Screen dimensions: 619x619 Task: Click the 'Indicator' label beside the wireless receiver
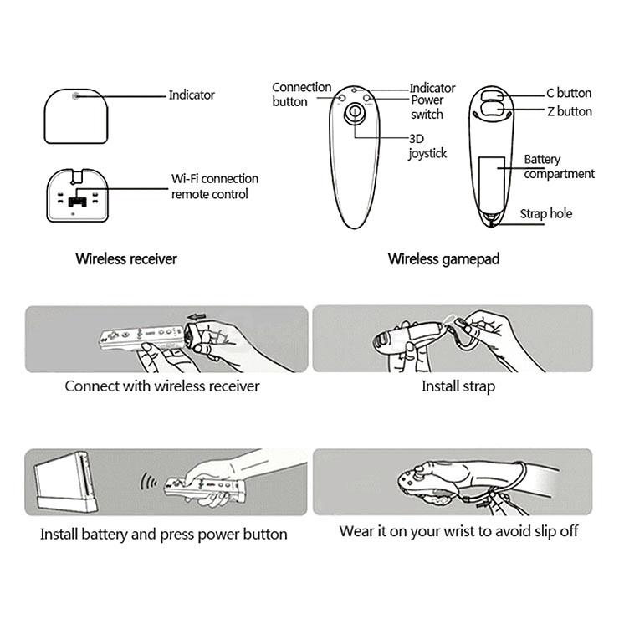coord(192,95)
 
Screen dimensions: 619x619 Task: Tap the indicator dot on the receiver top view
coord(76,96)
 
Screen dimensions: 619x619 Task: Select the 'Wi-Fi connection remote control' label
coord(215,187)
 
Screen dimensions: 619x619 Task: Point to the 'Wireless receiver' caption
coord(126,259)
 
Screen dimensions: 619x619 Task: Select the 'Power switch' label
coord(427,107)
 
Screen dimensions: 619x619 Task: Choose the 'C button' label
coord(569,93)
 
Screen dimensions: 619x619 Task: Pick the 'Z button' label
coord(569,111)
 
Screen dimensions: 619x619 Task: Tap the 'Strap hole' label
coord(546,214)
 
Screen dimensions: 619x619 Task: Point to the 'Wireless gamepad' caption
coord(443,259)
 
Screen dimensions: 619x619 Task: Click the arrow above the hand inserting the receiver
coord(197,317)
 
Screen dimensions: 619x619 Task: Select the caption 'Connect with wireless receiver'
coord(162,386)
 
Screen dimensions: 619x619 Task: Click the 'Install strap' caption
coord(458,386)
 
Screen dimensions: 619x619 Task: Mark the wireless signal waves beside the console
coord(150,483)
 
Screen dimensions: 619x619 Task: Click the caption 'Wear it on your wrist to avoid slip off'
coord(458,531)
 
